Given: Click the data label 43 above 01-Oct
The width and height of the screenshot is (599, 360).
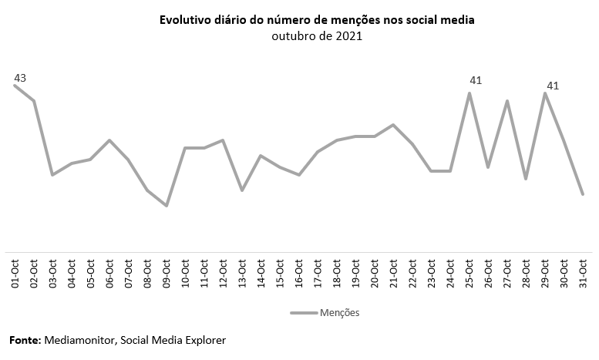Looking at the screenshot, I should point(20,78).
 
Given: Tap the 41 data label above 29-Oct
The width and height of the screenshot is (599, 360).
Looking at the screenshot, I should point(552,85).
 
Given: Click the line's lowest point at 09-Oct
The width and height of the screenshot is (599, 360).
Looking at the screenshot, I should point(167,206).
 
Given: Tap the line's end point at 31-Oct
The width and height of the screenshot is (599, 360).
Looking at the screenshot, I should point(583,194).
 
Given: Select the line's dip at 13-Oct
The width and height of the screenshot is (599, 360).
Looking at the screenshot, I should point(242,190).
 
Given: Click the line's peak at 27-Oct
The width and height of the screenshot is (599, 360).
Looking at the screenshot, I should point(507,101).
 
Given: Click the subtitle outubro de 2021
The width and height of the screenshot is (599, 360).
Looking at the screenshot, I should point(317,35).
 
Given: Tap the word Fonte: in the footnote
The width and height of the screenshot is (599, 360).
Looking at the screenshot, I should point(25,340).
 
